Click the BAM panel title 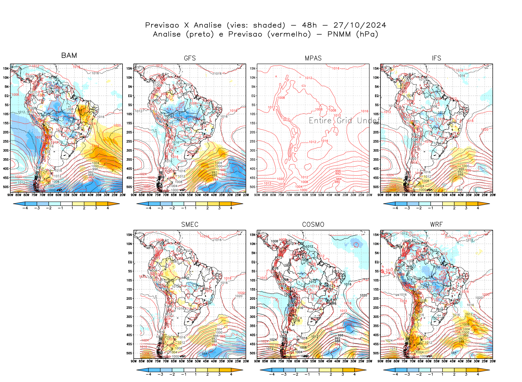[69, 55]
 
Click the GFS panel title [190, 58]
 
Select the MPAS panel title [313, 58]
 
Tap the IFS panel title [436, 58]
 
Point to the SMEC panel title [190, 225]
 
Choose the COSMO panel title [313, 225]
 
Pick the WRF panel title [436, 225]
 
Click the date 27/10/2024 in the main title [360, 25]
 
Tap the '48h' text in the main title [309, 25]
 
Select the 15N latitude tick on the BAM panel [6, 68]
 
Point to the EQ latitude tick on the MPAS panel [253, 96]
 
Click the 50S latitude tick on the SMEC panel [129, 353]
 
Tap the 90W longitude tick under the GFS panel [134, 195]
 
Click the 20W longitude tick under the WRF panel [492, 361]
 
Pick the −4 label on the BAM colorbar [25, 208]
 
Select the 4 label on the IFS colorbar [478, 208]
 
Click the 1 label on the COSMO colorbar [319, 374]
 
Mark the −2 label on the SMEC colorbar [172, 374]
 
